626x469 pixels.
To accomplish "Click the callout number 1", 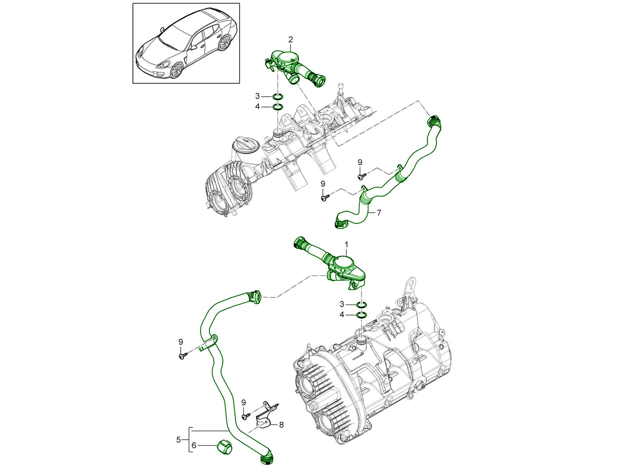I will (x=346, y=244).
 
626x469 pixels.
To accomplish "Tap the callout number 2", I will (x=291, y=39).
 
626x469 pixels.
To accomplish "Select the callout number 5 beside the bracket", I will (x=178, y=440).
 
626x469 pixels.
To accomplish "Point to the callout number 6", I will (x=194, y=446).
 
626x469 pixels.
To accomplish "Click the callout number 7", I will (x=379, y=213).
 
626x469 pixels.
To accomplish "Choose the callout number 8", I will (x=281, y=424).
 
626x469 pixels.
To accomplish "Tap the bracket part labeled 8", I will (x=265, y=418).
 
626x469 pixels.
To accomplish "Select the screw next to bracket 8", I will (x=245, y=417).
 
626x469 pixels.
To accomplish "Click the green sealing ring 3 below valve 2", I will (x=278, y=97).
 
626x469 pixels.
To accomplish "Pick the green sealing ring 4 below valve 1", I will (x=362, y=315).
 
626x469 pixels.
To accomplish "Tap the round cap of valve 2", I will (x=290, y=57).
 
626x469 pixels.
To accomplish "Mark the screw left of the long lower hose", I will (x=182, y=356).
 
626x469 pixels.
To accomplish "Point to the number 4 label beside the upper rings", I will (x=257, y=106).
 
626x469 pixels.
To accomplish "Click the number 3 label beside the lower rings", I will (x=342, y=304).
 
